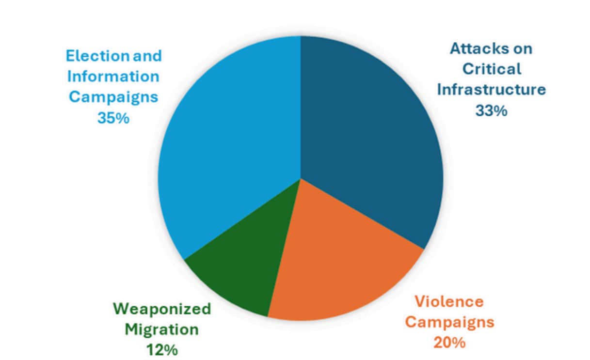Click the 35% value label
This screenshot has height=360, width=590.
coord(113,118)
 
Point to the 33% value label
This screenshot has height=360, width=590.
coord(491,110)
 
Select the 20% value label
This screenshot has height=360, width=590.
coord(449,343)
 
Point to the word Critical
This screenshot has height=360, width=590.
coord(492,69)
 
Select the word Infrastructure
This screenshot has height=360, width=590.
coord(491,90)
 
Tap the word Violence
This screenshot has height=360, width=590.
coord(449,301)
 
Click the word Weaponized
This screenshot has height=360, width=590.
coord(162,309)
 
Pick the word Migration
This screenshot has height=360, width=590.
coord(162,329)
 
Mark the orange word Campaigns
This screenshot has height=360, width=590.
coord(449,322)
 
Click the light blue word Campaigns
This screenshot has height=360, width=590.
coord(113,97)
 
